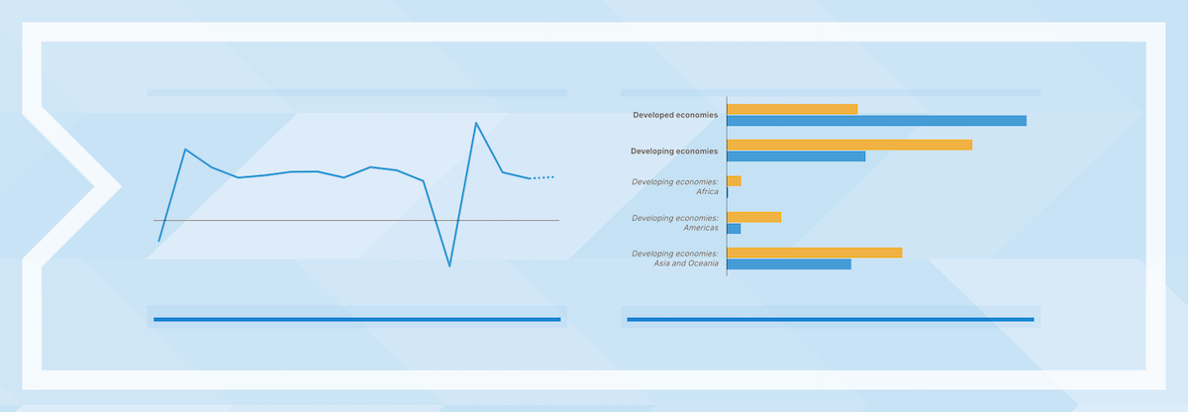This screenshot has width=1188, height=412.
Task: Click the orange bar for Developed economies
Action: [792, 109]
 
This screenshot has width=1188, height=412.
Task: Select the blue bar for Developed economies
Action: [877, 121]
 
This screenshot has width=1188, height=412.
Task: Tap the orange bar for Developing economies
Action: [849, 145]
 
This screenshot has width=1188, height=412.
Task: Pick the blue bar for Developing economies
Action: [796, 156]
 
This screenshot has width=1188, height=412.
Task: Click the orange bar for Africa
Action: [734, 181]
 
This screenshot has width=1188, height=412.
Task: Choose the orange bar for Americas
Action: [754, 217]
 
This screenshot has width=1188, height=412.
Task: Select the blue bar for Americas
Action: [734, 229]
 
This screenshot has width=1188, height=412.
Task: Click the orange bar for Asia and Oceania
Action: [815, 253]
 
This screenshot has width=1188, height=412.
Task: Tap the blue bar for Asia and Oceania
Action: [789, 264]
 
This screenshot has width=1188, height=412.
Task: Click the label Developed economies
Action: [675, 115]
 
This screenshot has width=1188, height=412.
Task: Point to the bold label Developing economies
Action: [674, 152]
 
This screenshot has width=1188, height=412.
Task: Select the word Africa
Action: [707, 191]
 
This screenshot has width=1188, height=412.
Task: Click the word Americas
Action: [701, 228]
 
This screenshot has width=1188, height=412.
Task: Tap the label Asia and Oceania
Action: [686, 263]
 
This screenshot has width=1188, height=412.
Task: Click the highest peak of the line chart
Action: [476, 123]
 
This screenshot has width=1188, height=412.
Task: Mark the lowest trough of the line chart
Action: [449, 265]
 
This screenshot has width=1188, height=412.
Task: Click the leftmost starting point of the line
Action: [159, 242]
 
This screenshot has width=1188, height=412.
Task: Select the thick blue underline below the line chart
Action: [357, 320]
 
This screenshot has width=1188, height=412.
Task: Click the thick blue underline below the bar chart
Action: [831, 320]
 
